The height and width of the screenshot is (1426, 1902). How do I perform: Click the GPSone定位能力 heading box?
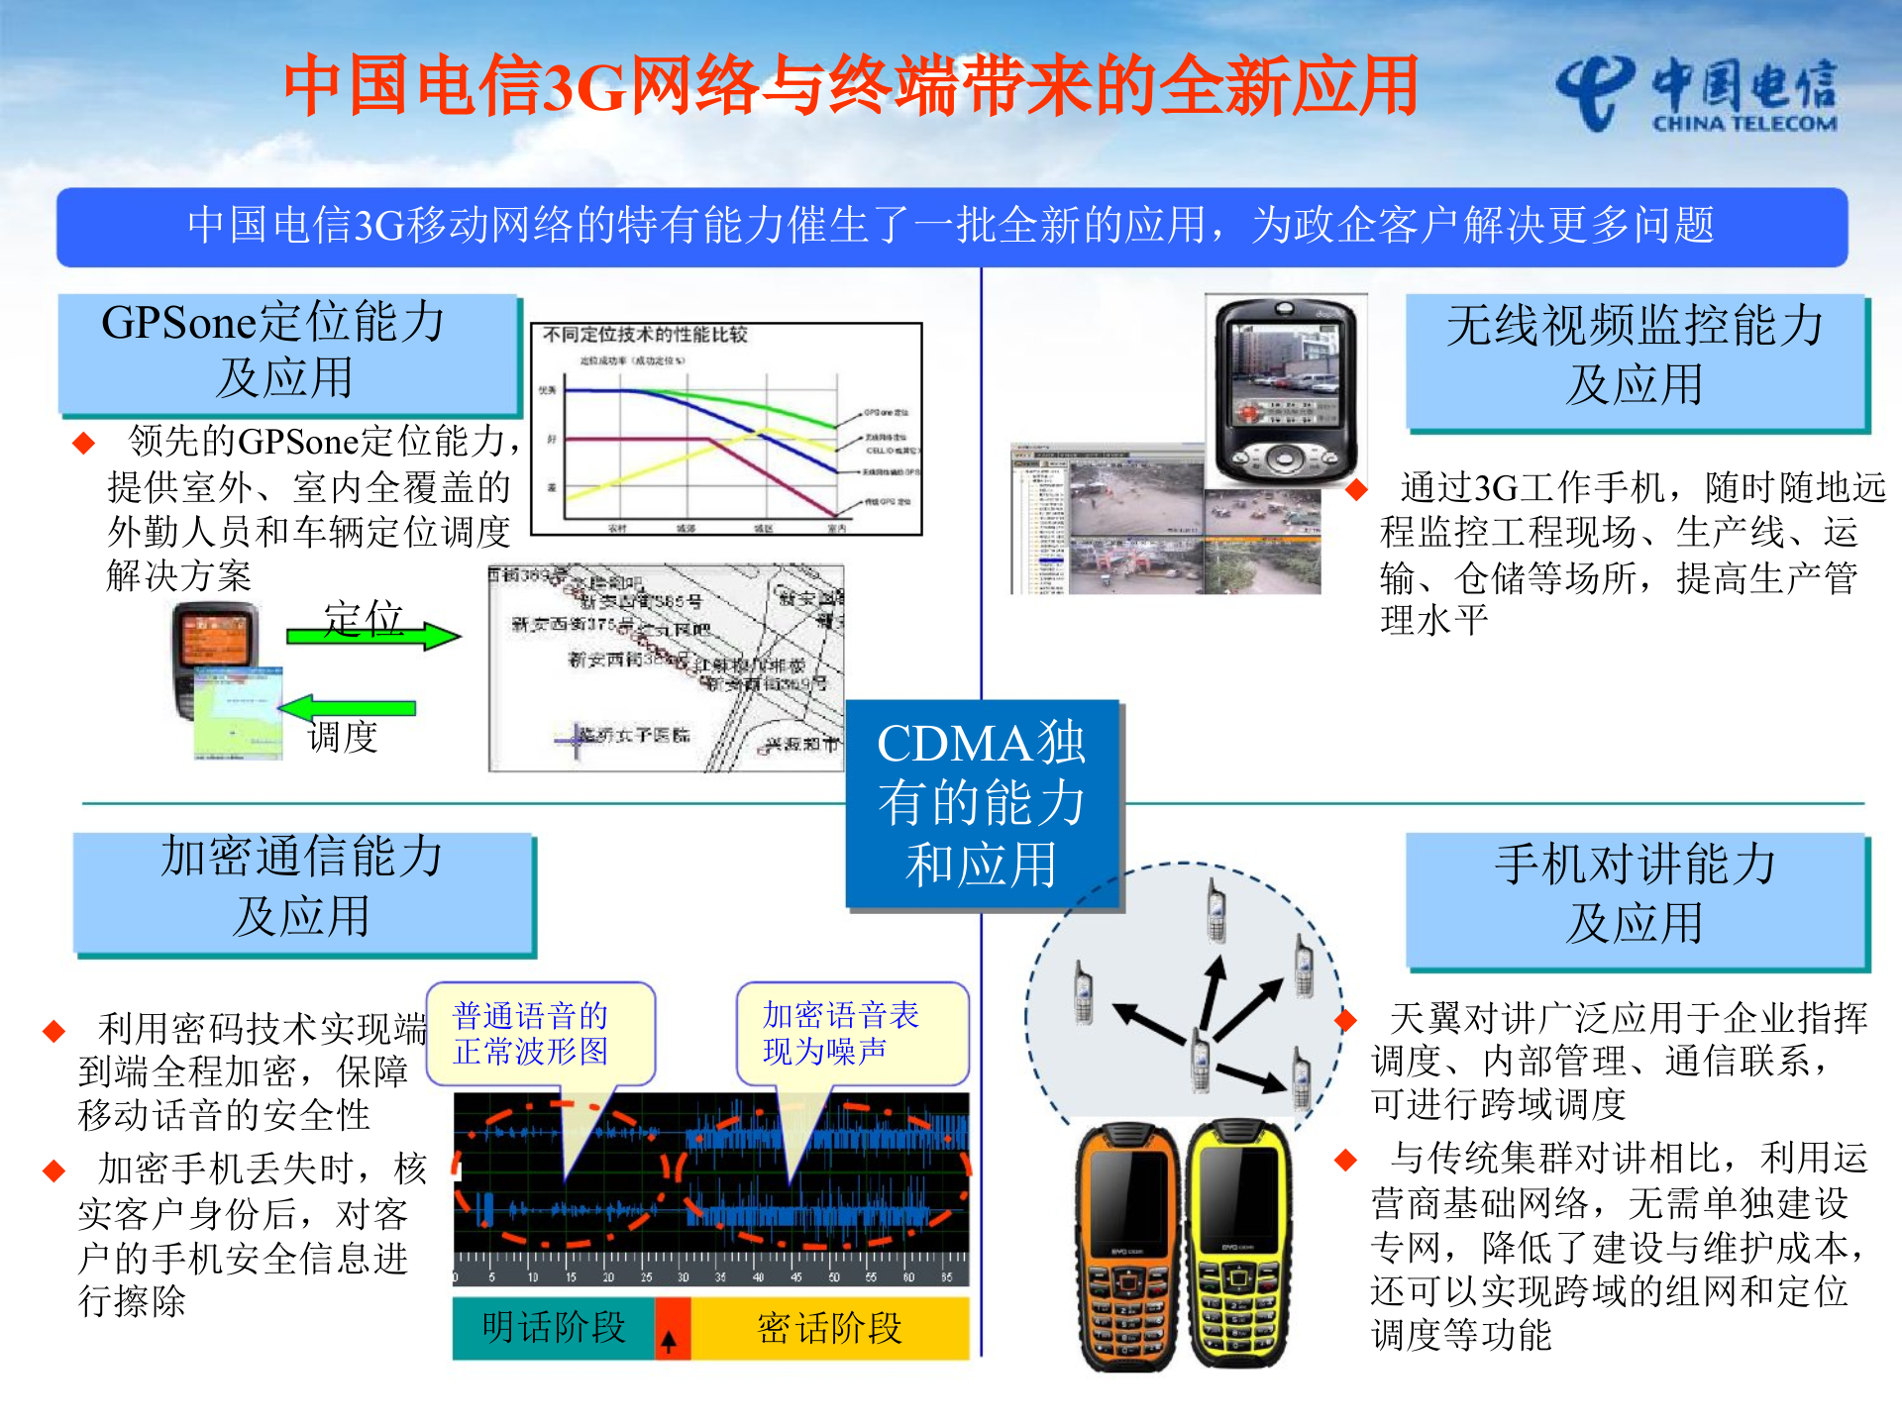coord(287,353)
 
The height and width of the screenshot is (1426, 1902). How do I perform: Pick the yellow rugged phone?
coord(1238,1243)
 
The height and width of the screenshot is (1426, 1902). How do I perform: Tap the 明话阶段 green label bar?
coord(553,1328)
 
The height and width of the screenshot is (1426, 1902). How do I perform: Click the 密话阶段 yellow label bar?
coord(830,1328)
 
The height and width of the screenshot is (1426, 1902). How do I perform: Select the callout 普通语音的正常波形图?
coord(540,1033)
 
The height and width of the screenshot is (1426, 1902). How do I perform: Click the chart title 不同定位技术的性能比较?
coord(645,335)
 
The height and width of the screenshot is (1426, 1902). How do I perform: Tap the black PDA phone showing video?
coord(1284,391)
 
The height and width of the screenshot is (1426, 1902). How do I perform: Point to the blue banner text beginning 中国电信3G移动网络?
coord(951,226)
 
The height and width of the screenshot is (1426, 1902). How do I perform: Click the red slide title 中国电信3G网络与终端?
coord(852,86)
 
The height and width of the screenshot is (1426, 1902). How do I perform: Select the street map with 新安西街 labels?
coord(666,667)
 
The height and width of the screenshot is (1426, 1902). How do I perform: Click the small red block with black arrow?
coord(672,1329)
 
